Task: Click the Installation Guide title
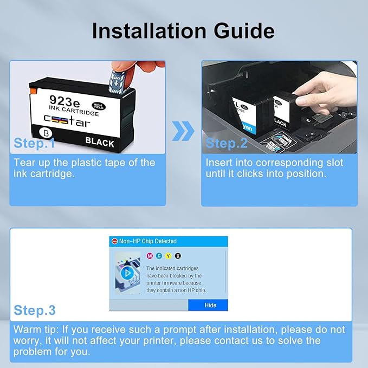[183, 30]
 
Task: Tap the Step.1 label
[35, 144]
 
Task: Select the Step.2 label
[226, 144]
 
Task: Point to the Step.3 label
[35, 311]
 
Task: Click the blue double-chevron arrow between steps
[183, 131]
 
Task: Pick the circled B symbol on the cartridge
[46, 132]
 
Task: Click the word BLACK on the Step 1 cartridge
[100, 143]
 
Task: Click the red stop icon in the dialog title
[114, 241]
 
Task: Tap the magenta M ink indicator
[150, 256]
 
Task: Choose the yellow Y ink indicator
[169, 256]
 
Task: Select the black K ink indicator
[178, 256]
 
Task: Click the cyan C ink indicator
[159, 256]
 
